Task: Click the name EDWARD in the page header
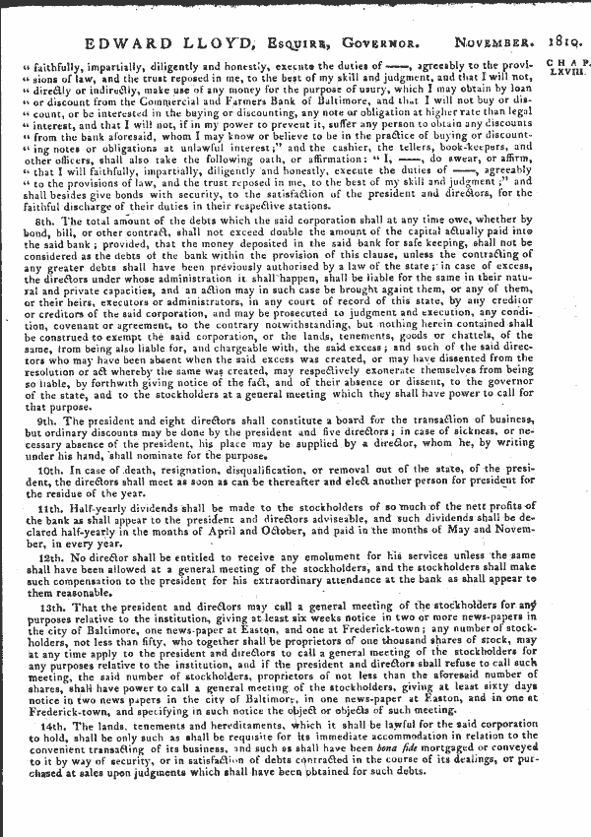click(121, 42)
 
